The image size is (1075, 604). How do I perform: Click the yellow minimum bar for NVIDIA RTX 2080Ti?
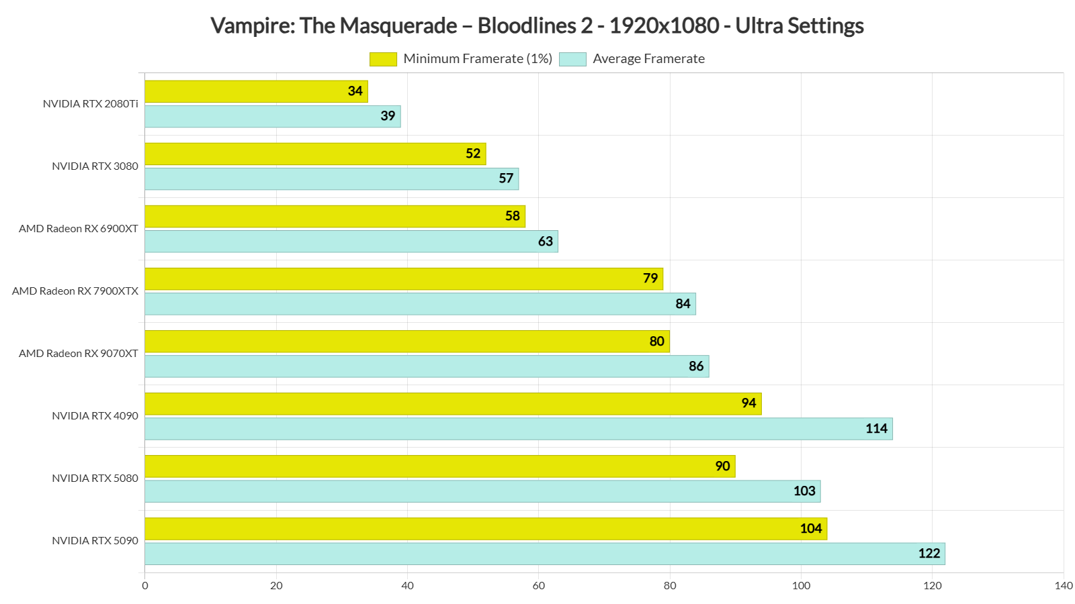click(255, 91)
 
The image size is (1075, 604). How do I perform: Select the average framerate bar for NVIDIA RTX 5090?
click(544, 554)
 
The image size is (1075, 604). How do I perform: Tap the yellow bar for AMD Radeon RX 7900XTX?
click(403, 279)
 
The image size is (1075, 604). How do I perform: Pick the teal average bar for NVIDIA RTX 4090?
click(517, 429)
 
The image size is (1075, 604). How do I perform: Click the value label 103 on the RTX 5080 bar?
click(804, 491)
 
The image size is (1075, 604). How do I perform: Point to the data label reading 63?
click(546, 242)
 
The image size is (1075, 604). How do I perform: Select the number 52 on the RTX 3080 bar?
click(473, 154)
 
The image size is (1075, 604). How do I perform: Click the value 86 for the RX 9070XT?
click(696, 366)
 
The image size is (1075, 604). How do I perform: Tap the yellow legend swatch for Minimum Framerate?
click(383, 59)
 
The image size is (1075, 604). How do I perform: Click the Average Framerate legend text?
click(648, 59)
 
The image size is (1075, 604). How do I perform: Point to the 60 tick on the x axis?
click(539, 586)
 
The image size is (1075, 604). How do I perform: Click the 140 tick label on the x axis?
click(1064, 586)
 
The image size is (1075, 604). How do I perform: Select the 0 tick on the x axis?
click(145, 586)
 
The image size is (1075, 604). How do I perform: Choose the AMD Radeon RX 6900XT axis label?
click(79, 229)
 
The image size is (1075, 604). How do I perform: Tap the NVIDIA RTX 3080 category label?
click(95, 166)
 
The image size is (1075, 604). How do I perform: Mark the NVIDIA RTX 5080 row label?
click(95, 479)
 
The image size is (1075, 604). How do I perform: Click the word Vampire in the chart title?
click(253, 26)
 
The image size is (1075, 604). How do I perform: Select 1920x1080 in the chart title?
click(664, 26)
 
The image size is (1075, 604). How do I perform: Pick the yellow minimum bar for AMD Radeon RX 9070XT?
click(406, 342)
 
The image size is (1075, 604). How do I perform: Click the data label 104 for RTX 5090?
click(811, 529)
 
